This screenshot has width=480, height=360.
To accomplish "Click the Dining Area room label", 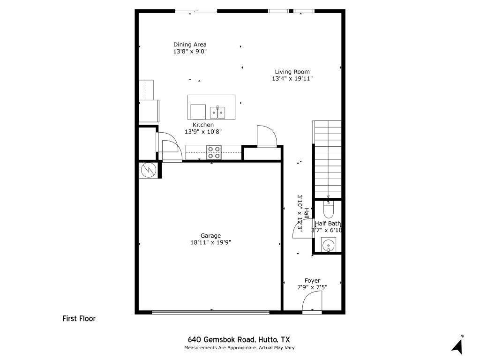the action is pos(190,45).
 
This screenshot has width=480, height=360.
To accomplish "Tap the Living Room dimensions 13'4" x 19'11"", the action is pos(292,79).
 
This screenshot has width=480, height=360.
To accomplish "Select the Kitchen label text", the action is pos(203,125).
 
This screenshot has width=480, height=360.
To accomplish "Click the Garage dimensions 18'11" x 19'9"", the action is pos(210,242).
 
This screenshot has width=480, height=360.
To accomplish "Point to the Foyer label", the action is pos(312,281).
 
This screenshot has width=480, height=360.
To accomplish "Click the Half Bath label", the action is pos(328,224).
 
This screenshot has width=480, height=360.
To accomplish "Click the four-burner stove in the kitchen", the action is pos(214,152).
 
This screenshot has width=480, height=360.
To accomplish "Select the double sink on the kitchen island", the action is pos(217,112).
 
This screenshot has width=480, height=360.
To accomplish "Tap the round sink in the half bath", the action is pos(329,245).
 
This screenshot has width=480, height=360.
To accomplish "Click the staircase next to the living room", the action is pos(327,159).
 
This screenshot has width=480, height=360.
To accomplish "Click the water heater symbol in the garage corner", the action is pos(149,170).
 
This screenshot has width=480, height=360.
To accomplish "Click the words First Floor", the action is pos(79,319).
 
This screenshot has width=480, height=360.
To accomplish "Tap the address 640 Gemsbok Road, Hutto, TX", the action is pos(239,340).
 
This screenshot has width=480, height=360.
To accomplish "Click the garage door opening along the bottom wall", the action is pos(210,312).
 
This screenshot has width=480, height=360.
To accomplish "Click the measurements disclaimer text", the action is pos(240,348).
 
